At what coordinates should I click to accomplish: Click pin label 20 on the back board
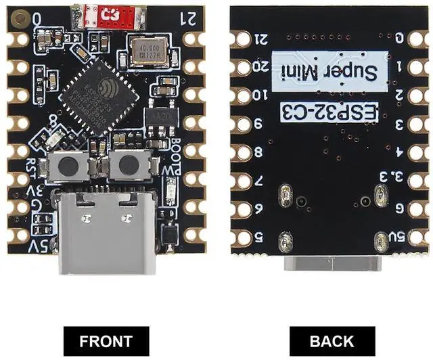pyautogui.click(x=259, y=67)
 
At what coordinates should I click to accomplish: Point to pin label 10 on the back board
pyautogui.click(x=259, y=96)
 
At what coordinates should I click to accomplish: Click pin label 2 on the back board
pyautogui.click(x=399, y=95)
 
